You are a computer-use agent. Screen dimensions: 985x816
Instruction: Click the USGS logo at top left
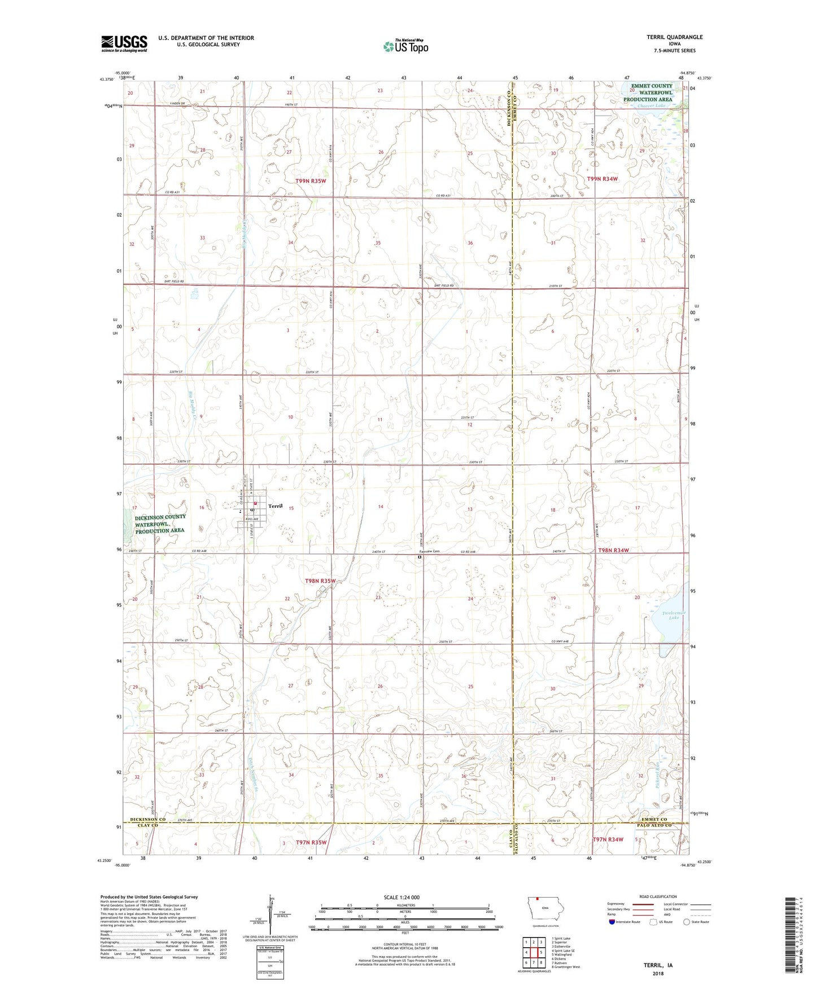[124, 43]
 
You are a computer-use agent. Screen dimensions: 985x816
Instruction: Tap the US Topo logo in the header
[406, 46]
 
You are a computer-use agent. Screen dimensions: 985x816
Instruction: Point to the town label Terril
[275, 506]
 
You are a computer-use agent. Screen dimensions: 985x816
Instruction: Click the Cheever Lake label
[651, 105]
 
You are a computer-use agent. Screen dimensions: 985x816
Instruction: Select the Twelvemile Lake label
[674, 615]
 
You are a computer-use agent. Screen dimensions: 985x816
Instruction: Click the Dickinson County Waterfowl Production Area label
[160, 524]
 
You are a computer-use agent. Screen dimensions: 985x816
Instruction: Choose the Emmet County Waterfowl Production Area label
[648, 93]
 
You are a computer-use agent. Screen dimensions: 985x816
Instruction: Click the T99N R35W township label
[311, 181]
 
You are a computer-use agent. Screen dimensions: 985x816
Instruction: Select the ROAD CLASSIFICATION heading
[658, 896]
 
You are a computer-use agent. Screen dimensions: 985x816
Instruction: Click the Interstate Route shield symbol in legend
[612, 922]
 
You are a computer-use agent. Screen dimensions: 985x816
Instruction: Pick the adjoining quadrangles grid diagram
[533, 952]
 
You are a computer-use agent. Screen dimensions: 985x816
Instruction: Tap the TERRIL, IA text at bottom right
[658, 965]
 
